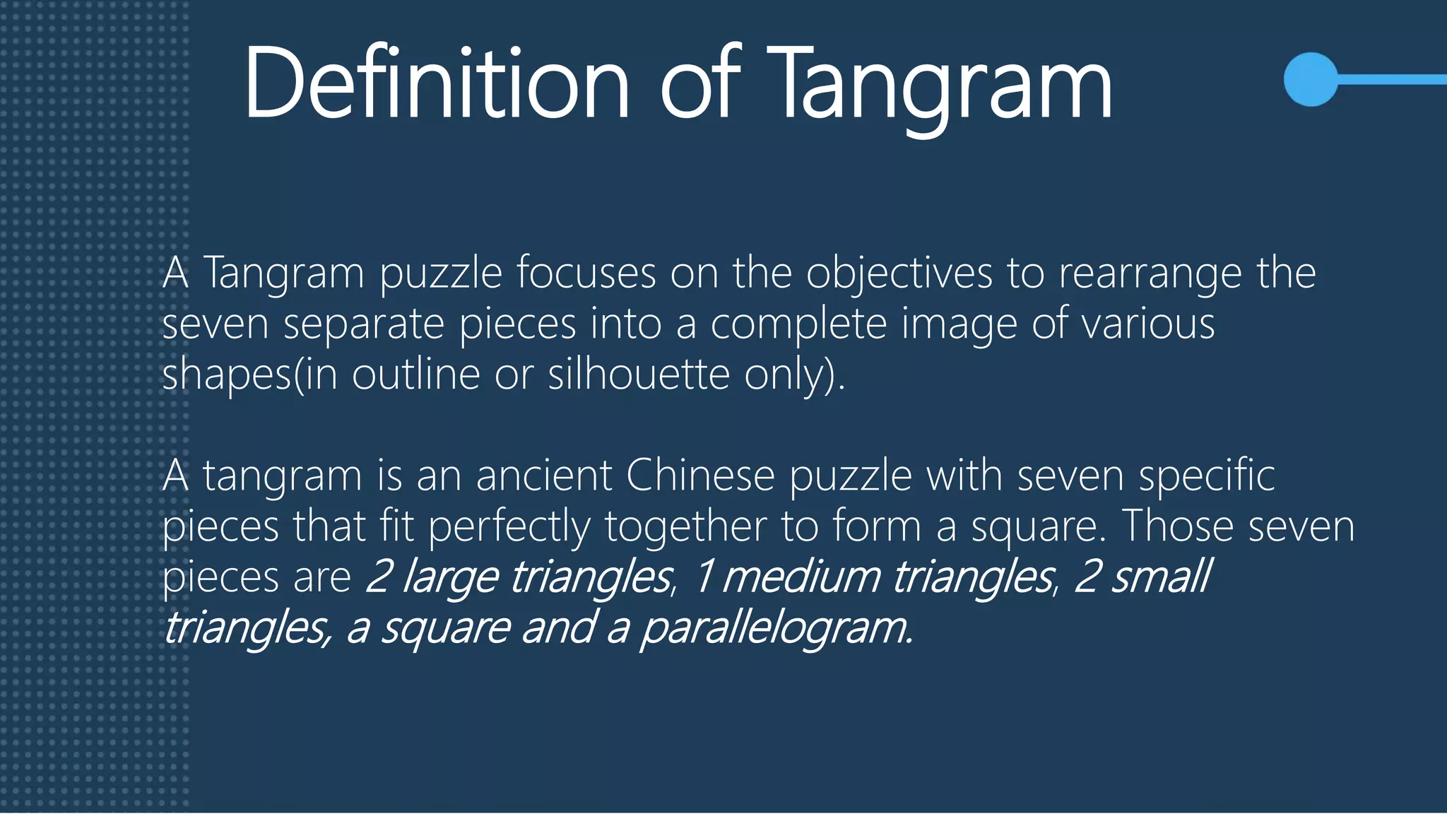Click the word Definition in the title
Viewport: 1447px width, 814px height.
[436, 83]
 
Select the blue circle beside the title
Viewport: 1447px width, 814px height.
[1311, 79]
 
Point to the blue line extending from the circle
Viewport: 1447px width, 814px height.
[1392, 79]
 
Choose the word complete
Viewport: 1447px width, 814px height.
[798, 325]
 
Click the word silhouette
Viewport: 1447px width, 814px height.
[639, 374]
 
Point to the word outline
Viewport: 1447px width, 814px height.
[416, 374]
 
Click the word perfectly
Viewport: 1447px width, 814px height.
[509, 527]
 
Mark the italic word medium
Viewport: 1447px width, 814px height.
[801, 577]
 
